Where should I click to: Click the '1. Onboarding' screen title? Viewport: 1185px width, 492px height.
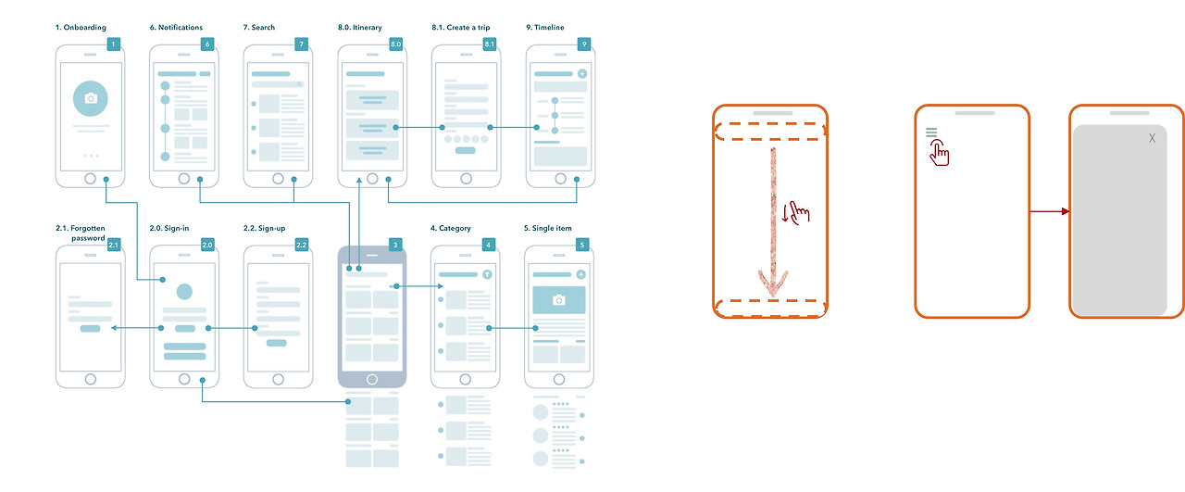click(x=81, y=28)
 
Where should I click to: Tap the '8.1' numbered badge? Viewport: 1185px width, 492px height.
click(x=490, y=44)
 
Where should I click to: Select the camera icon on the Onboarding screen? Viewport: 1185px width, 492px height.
click(x=91, y=98)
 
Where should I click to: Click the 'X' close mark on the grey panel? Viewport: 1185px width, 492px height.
click(x=1152, y=138)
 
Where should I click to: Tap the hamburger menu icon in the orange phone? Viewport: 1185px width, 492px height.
click(x=931, y=132)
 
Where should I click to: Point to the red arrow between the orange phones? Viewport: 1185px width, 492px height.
click(x=1050, y=211)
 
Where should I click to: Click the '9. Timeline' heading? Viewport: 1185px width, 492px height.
click(x=545, y=28)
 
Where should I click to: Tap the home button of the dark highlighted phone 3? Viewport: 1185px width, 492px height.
click(x=372, y=379)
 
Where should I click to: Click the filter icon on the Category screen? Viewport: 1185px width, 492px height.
click(x=487, y=274)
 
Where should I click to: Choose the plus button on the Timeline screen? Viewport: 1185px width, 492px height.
click(x=582, y=73)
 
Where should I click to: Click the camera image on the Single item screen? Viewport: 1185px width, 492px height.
click(x=558, y=300)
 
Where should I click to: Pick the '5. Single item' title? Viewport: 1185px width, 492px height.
click(x=547, y=228)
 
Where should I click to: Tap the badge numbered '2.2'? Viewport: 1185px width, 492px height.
click(x=302, y=245)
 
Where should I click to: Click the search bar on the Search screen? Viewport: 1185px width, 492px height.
click(x=277, y=84)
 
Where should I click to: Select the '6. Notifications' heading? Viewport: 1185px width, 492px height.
click(x=176, y=28)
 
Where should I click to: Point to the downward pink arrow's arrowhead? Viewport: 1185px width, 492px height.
click(x=773, y=284)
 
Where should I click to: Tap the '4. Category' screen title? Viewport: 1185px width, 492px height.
click(x=450, y=228)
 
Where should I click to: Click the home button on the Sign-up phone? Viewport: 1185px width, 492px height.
click(x=279, y=379)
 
